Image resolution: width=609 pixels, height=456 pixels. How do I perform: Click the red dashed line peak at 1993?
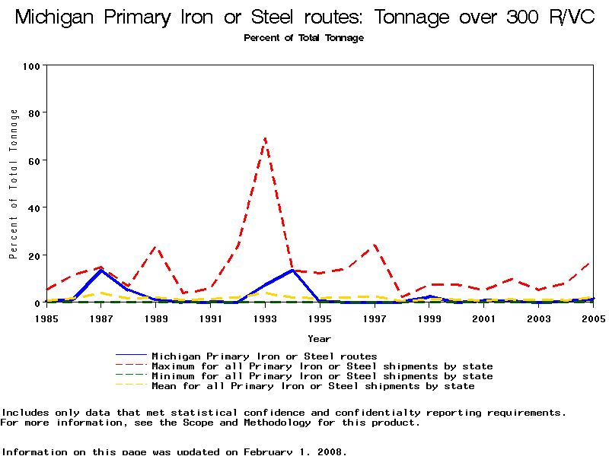coord(265,138)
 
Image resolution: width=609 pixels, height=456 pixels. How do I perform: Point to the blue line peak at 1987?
coord(101,271)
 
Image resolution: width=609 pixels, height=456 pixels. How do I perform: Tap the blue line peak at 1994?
coord(292,270)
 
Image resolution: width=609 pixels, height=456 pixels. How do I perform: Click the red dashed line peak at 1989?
coord(156,246)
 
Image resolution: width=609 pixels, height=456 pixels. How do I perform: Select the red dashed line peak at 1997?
coord(375,245)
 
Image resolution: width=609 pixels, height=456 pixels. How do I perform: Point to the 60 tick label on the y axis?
coord(33,160)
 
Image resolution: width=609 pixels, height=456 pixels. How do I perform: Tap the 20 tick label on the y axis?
coord(33,255)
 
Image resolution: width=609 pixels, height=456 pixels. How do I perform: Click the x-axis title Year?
coord(319,338)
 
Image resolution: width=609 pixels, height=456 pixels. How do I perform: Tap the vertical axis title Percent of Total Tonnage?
coord(14,184)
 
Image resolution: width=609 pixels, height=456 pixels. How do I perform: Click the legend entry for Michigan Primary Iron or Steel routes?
coord(264,356)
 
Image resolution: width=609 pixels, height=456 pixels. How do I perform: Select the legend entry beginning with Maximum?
coord(322,366)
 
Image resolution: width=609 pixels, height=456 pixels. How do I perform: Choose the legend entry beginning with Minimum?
coord(322,376)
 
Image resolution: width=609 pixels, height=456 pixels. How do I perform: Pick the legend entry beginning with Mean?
coord(313,386)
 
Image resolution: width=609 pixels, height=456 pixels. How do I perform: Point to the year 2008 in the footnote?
coord(330,451)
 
